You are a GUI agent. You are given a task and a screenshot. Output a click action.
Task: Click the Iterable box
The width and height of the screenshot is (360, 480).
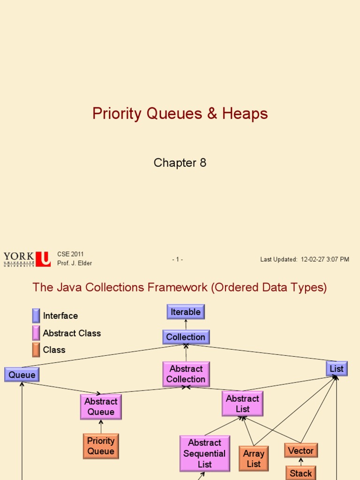(x=186, y=312)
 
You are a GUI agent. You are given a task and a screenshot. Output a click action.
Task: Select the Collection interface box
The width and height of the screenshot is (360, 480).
(x=186, y=337)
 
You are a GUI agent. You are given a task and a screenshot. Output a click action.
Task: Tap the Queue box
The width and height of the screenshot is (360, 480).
(x=22, y=375)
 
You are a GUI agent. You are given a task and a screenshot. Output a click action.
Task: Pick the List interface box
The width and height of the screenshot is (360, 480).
(x=337, y=369)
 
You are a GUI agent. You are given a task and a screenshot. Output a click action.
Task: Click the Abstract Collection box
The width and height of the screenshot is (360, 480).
(x=186, y=374)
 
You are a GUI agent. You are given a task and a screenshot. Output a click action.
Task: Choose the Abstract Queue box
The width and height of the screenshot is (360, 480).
(x=101, y=406)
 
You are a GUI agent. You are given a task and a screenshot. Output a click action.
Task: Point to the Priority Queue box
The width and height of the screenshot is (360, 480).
(x=101, y=446)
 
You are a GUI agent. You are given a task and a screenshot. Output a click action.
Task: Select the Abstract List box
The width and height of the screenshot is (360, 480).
(x=242, y=404)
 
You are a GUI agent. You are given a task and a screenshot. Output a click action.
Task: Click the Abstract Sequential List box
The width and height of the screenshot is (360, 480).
(x=205, y=453)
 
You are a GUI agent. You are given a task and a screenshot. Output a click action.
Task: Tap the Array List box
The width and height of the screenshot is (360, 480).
(x=254, y=458)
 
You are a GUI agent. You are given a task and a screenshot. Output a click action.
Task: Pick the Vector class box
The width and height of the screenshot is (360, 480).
(x=301, y=450)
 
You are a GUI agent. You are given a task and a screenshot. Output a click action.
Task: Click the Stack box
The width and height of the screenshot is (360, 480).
(x=301, y=473)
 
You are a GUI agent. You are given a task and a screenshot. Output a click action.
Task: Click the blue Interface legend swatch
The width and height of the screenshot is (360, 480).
(x=36, y=315)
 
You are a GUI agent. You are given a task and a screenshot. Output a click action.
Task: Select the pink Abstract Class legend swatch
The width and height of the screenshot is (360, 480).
(x=36, y=333)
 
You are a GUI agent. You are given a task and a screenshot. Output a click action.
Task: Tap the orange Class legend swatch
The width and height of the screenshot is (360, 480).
(x=36, y=350)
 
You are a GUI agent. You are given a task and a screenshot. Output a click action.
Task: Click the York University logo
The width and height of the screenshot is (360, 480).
(x=27, y=259)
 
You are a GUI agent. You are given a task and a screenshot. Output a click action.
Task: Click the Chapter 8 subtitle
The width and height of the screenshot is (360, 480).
(x=180, y=163)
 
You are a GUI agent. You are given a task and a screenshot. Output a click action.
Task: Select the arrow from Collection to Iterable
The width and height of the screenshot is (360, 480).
(x=186, y=324)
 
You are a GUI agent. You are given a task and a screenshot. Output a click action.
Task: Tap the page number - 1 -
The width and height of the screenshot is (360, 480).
(x=178, y=260)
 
